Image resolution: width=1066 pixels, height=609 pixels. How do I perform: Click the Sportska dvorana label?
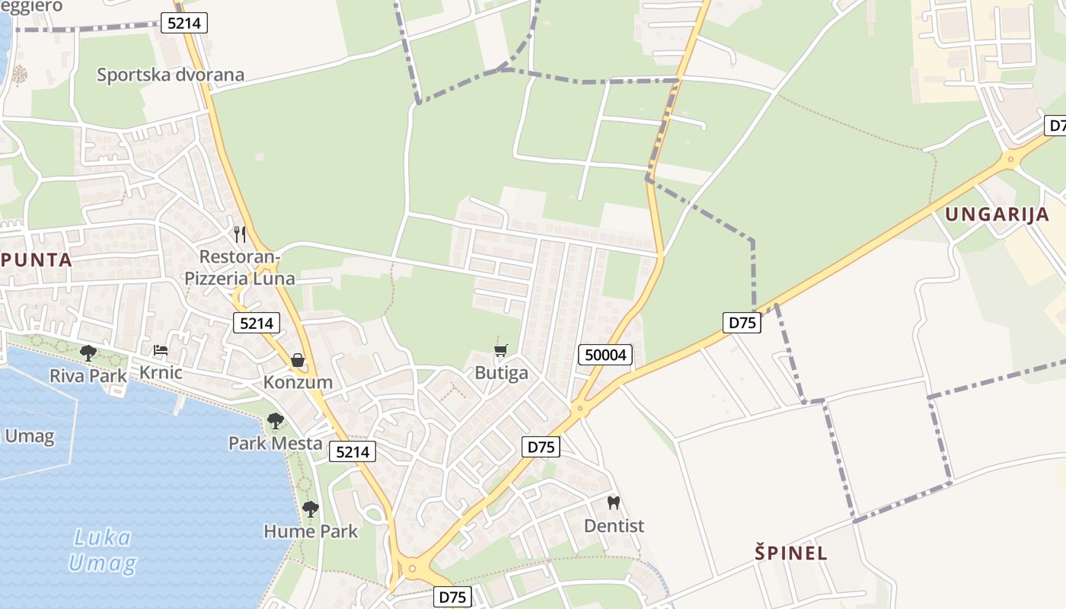click(x=171, y=75)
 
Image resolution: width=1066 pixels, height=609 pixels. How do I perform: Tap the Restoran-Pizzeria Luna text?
click(x=239, y=266)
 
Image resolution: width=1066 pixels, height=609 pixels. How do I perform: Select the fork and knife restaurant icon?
click(x=240, y=234)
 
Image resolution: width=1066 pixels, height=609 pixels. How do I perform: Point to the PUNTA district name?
click(x=36, y=260)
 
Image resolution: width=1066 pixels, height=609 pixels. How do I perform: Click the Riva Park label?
click(x=88, y=375)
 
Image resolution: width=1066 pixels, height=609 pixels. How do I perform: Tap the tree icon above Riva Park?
click(x=88, y=352)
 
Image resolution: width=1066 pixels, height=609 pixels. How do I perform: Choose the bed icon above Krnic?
click(x=161, y=350)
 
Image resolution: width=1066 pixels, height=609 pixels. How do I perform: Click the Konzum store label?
click(x=298, y=382)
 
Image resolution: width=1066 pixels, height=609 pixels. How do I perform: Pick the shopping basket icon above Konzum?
click(x=298, y=359)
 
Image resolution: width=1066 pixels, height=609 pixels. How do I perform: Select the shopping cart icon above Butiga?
click(x=500, y=350)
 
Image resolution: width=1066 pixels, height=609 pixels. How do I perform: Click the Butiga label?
click(x=501, y=373)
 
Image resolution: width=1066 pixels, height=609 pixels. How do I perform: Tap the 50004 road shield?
click(x=605, y=354)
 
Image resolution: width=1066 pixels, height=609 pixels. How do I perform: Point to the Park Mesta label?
click(x=275, y=443)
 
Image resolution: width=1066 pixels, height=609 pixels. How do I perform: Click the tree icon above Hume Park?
click(x=310, y=509)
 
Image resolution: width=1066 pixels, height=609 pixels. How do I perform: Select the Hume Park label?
click(x=311, y=531)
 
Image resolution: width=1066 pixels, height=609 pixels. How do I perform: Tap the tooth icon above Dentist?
click(x=614, y=503)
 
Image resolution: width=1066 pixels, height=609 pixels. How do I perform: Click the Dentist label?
click(x=614, y=526)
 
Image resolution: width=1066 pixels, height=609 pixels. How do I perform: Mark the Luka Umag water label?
click(x=103, y=550)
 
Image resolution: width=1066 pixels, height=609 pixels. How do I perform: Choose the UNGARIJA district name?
click(x=997, y=214)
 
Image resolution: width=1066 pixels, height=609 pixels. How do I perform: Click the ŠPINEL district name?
click(x=791, y=553)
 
